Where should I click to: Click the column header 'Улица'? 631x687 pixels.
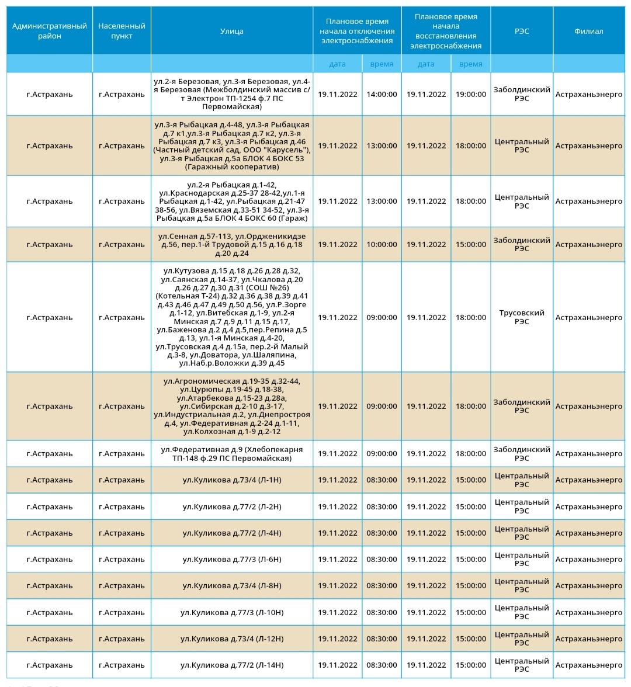232,31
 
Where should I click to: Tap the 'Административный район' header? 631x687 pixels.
50,31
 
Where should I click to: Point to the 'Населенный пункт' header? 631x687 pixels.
122,31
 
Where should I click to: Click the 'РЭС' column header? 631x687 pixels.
522,31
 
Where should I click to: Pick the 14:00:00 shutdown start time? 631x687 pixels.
382,94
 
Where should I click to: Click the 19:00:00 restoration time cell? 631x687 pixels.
471,94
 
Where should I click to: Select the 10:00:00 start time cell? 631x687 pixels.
382,245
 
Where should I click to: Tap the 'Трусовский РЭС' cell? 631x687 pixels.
522,317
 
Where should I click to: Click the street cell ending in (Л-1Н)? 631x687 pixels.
232,480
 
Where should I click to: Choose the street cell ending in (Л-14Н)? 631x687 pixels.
232,665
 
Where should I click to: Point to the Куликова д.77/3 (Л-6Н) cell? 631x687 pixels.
232,560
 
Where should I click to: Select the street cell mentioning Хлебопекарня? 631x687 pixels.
232,454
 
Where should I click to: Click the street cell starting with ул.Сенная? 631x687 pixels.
232,245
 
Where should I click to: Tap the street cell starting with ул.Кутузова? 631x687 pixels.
232,317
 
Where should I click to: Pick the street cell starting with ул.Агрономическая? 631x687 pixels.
232,406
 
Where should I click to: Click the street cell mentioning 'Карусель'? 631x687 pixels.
232,146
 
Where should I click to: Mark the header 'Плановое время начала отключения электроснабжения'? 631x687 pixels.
357,31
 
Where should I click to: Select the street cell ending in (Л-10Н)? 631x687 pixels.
232,612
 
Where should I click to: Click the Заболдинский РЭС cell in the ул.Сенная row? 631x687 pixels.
522,245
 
